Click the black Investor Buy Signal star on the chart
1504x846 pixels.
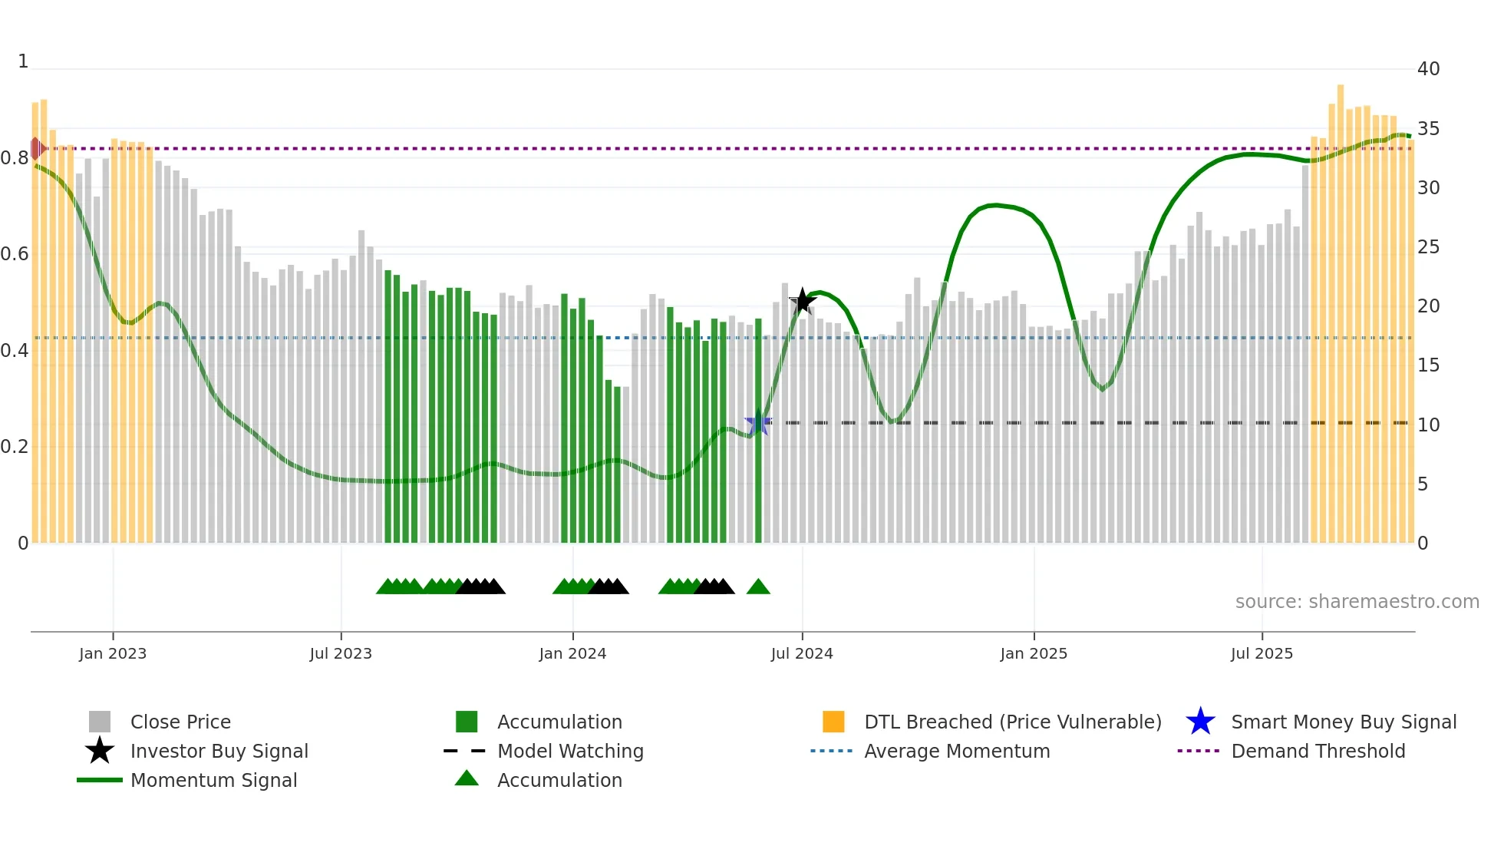click(803, 301)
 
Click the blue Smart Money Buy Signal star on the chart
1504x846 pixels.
click(758, 423)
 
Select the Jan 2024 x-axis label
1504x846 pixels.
click(572, 653)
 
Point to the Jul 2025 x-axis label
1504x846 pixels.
click(1262, 653)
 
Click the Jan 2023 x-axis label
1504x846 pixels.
click(113, 653)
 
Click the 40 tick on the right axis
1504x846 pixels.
click(1428, 69)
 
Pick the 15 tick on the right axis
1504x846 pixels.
click(1428, 365)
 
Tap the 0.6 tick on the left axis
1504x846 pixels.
click(15, 254)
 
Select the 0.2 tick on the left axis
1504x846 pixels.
click(15, 447)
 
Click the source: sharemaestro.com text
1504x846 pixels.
click(1357, 602)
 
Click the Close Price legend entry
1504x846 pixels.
click(180, 722)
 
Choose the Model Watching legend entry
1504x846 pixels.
click(570, 752)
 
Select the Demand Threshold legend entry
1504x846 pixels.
click(1318, 752)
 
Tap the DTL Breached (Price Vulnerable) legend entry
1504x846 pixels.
click(1012, 722)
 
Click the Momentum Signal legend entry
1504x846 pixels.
click(213, 781)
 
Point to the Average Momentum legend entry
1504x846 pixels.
click(956, 752)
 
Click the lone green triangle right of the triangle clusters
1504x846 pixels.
click(758, 587)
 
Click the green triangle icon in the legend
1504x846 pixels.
click(467, 778)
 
